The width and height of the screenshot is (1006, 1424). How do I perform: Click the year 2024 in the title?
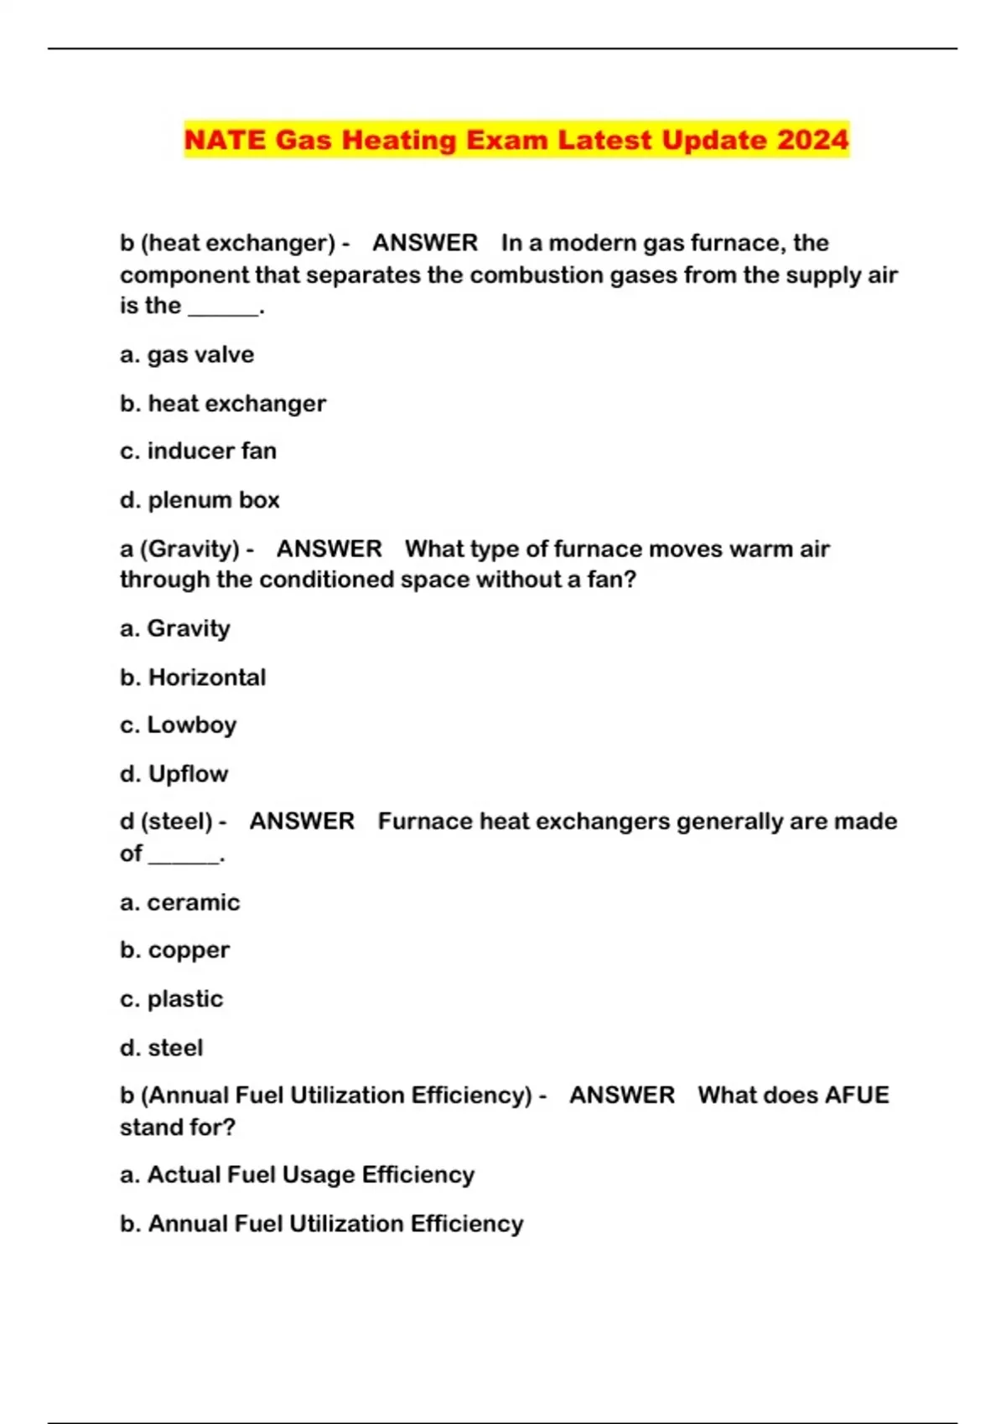pos(812,140)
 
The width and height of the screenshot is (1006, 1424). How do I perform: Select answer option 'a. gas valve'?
pos(187,355)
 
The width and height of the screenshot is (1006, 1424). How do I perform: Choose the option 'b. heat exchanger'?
pos(223,404)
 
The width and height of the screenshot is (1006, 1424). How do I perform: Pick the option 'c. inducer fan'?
pos(198,451)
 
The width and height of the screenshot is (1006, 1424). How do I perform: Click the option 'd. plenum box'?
pos(200,500)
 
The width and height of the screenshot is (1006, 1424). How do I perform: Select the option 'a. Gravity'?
pos(175,628)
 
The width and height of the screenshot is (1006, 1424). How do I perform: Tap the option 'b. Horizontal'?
pos(193,677)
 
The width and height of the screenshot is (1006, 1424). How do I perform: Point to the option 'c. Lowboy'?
pos(178,725)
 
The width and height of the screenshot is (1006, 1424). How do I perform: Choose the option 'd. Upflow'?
pos(174,773)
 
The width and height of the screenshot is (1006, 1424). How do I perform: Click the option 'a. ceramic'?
pos(179,902)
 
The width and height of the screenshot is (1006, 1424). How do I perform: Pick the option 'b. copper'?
pos(174,951)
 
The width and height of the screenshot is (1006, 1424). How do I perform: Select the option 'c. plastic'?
pos(172,998)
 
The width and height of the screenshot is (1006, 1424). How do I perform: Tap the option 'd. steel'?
pos(161,1047)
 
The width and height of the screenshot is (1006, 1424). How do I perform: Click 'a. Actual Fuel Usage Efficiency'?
pos(297,1174)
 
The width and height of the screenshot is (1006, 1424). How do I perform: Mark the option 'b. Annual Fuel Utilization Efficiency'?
pos(321,1224)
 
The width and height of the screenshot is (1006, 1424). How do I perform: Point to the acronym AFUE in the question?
pos(856,1095)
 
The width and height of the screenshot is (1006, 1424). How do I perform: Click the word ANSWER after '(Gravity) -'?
pos(329,549)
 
